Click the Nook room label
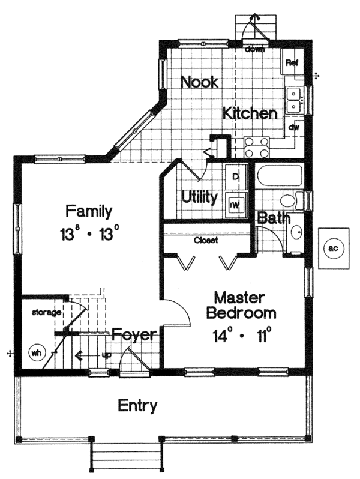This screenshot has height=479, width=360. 200,82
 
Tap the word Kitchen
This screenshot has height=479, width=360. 250,113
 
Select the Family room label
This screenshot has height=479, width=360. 89,211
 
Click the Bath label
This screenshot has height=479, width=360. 274,218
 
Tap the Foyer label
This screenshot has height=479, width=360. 134,334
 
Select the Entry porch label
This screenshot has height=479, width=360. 137,406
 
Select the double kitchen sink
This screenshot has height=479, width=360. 294,100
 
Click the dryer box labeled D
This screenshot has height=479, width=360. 235,176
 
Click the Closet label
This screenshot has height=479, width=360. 205,240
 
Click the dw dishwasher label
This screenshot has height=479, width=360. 293,127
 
